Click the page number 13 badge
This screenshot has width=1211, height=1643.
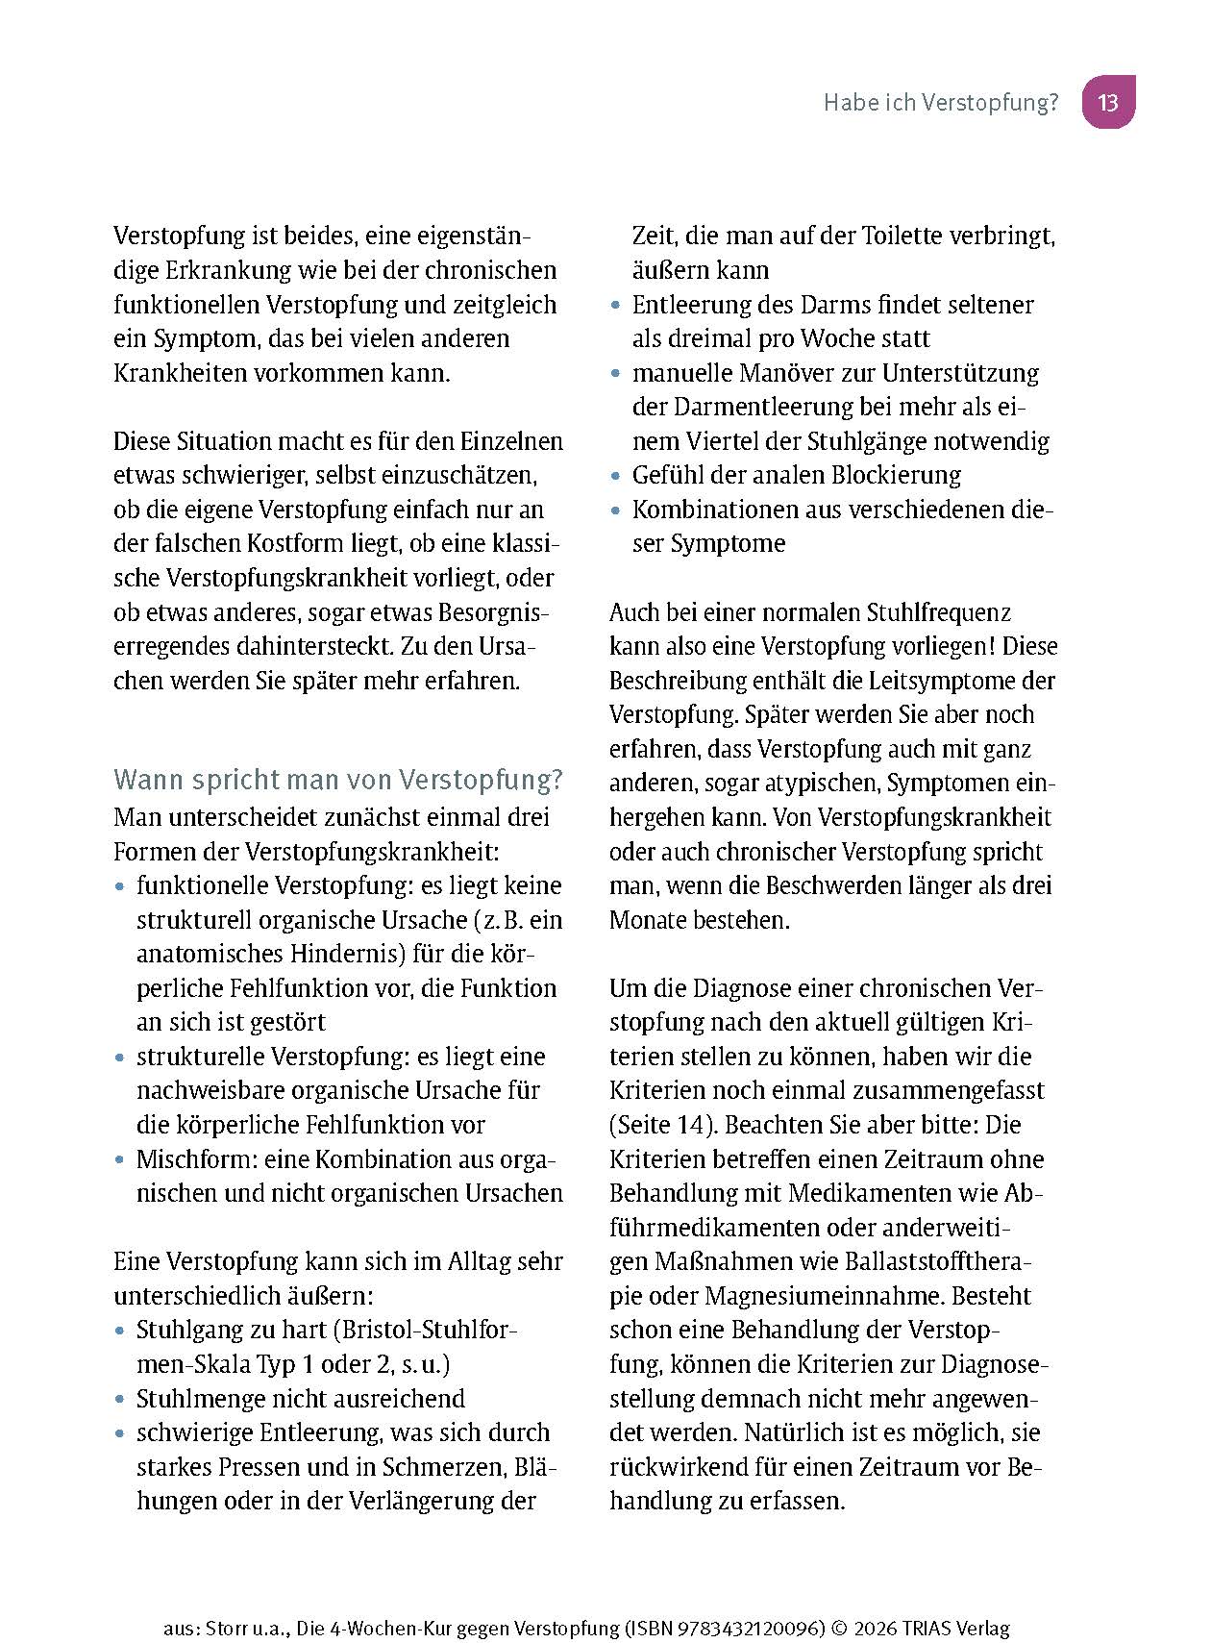pyautogui.click(x=1108, y=102)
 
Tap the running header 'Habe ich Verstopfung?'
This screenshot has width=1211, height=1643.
pyautogui.click(x=940, y=103)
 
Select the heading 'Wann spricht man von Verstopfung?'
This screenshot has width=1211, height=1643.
pyautogui.click(x=338, y=779)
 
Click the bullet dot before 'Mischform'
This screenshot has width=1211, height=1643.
pyautogui.click(x=119, y=1160)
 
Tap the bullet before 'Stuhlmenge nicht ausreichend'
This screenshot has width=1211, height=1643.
pyautogui.click(x=119, y=1400)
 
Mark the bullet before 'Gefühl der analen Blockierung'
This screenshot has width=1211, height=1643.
pyautogui.click(x=616, y=476)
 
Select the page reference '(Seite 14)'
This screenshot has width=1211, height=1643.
pyautogui.click(x=663, y=1125)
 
